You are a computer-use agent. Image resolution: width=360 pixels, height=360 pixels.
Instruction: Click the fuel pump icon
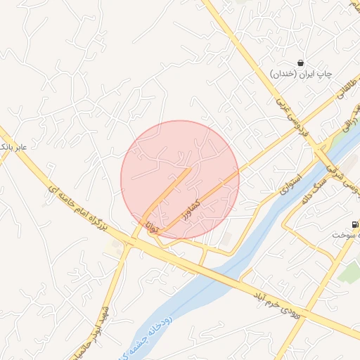click(x=354, y=225)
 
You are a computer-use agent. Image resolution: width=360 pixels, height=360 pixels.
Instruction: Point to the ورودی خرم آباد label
click(x=277, y=302)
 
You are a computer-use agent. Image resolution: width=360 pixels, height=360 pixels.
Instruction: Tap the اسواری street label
click(x=290, y=184)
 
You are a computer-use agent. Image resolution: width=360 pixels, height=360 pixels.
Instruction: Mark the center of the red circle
click(x=180, y=179)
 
